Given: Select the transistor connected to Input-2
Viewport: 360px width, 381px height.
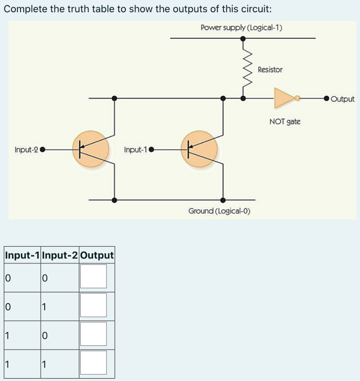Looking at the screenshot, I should pyautogui.click(x=91, y=150).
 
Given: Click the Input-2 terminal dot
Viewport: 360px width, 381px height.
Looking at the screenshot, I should pyautogui.click(x=42, y=150).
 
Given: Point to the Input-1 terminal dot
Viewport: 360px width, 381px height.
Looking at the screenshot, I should pyautogui.click(x=151, y=150).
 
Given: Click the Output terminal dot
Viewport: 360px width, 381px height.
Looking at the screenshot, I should pyautogui.click(x=326, y=99).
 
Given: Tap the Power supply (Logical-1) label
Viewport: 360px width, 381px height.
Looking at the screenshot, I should pyautogui.click(x=242, y=28).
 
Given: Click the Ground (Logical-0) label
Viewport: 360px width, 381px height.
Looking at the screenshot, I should pyautogui.click(x=219, y=211).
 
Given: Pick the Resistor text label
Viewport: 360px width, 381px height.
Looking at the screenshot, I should pyautogui.click(x=270, y=70).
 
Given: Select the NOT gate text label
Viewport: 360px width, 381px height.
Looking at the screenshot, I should pyautogui.click(x=285, y=121).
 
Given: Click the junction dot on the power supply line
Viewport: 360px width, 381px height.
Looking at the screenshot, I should pyautogui.click(x=243, y=38).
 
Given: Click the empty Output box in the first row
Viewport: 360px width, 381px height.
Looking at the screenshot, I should pyautogui.click(x=93, y=276).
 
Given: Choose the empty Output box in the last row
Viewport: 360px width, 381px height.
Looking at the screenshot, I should pyautogui.click(x=93, y=362).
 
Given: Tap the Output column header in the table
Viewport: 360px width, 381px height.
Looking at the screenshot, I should pyautogui.click(x=97, y=255).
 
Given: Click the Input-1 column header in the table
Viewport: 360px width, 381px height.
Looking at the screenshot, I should pyautogui.click(x=23, y=255).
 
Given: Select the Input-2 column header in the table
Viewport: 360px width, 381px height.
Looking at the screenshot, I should pyautogui.click(x=60, y=255).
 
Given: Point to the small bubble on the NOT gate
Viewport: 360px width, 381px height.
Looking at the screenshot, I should pyautogui.click(x=297, y=98).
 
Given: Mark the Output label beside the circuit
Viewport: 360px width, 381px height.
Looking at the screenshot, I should pyautogui.click(x=343, y=99).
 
